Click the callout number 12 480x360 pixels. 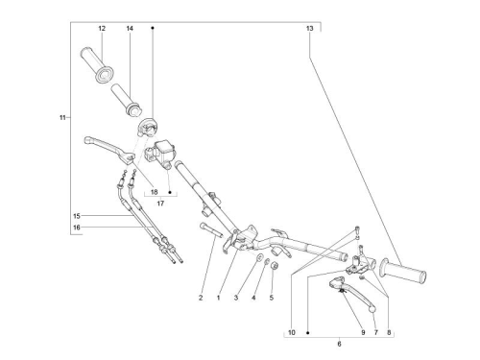tap(102, 29)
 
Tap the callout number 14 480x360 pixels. tap(130, 29)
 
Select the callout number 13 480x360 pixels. tap(310, 29)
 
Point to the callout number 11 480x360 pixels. tap(62, 117)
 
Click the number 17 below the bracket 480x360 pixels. tap(160, 204)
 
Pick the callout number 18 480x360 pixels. tap(155, 192)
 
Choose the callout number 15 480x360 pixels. tap(77, 216)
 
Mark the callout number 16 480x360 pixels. tap(77, 228)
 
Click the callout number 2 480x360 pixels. tap(201, 298)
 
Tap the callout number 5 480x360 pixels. tap(272, 298)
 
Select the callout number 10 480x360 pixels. tap(292, 332)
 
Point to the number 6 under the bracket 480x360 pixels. tap(339, 344)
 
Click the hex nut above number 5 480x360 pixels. tap(274, 265)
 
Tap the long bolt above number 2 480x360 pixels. tap(210, 230)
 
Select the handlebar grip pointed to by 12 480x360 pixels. tap(97, 65)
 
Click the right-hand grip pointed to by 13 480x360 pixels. tap(402, 272)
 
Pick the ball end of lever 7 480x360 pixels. tap(372, 309)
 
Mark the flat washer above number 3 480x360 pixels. tap(260, 256)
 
